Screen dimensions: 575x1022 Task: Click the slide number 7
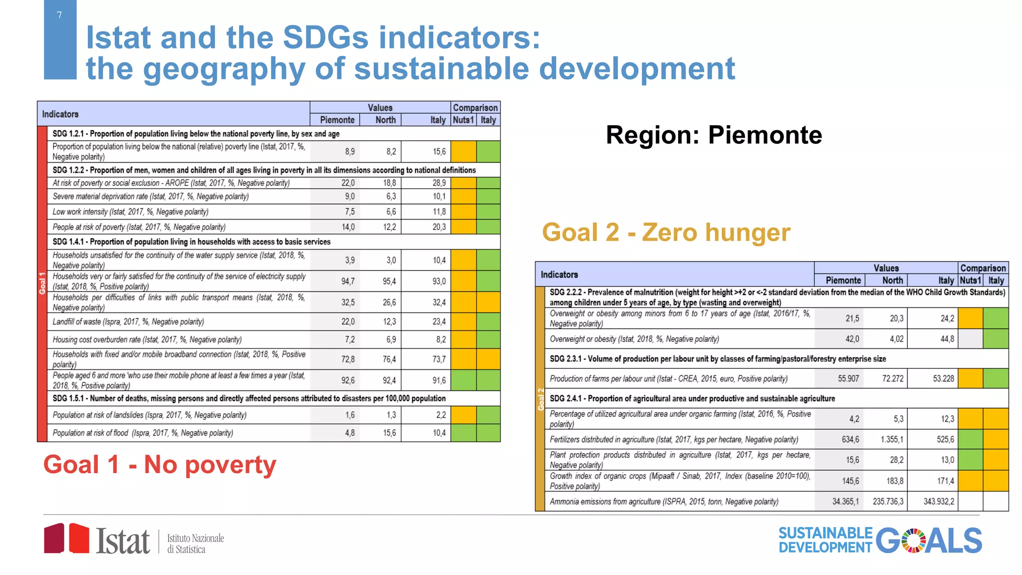59,15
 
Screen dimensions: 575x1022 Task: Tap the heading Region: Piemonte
714,135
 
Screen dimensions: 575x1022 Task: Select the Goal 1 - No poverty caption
160,465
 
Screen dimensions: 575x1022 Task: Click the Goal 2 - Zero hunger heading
666,233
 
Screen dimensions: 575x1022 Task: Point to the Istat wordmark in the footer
123,541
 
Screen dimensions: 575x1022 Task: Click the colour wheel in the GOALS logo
913,541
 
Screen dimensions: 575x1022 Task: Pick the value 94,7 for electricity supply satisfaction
348,282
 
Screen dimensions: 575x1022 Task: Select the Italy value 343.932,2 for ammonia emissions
938,502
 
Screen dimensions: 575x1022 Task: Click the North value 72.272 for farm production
892,379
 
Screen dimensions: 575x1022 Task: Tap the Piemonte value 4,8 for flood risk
350,433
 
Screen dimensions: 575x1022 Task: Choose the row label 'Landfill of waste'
128,322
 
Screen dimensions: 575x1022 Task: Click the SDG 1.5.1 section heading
249,398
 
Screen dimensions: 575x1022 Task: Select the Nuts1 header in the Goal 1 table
463,120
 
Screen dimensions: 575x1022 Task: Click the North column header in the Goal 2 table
892,281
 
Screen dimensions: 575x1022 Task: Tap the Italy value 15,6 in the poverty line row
439,152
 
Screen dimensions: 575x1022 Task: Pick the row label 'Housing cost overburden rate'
147,340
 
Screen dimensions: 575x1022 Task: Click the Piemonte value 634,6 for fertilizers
850,440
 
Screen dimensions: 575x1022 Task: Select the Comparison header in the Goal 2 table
983,268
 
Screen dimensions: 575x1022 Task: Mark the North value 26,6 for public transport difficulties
389,302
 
